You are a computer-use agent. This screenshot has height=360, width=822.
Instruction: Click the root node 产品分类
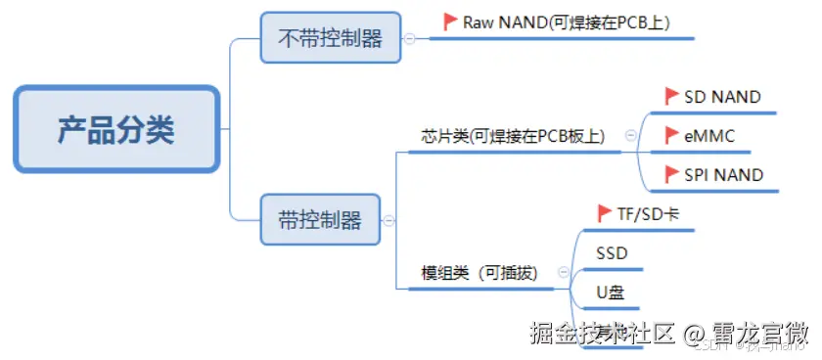[x=115, y=129]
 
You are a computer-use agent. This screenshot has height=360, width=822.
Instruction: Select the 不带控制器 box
[x=330, y=38]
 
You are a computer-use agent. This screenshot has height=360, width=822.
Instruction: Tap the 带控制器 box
[x=319, y=218]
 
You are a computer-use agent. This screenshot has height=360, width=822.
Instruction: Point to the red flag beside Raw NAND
[x=450, y=21]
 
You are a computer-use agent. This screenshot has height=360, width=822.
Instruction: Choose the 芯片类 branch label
[x=512, y=137]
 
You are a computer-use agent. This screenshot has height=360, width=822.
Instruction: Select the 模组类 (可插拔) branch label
[x=479, y=273]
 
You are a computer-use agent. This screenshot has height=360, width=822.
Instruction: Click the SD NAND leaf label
[x=722, y=96]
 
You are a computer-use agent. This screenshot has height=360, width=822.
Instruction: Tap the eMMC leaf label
[x=709, y=135]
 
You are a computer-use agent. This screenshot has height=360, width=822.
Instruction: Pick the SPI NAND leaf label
[x=724, y=174]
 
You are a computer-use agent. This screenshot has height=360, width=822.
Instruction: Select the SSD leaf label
[x=613, y=253]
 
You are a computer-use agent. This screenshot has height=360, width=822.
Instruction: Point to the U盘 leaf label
[x=611, y=292]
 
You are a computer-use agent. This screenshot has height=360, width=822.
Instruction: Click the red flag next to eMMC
[x=671, y=135]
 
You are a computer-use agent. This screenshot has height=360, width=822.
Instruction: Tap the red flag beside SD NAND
[x=671, y=96]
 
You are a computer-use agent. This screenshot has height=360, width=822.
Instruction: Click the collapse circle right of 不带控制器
[x=409, y=38]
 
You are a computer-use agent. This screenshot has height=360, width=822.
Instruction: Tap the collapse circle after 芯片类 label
[x=629, y=136]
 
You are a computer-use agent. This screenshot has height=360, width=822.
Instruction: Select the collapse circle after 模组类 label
[x=562, y=273]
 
